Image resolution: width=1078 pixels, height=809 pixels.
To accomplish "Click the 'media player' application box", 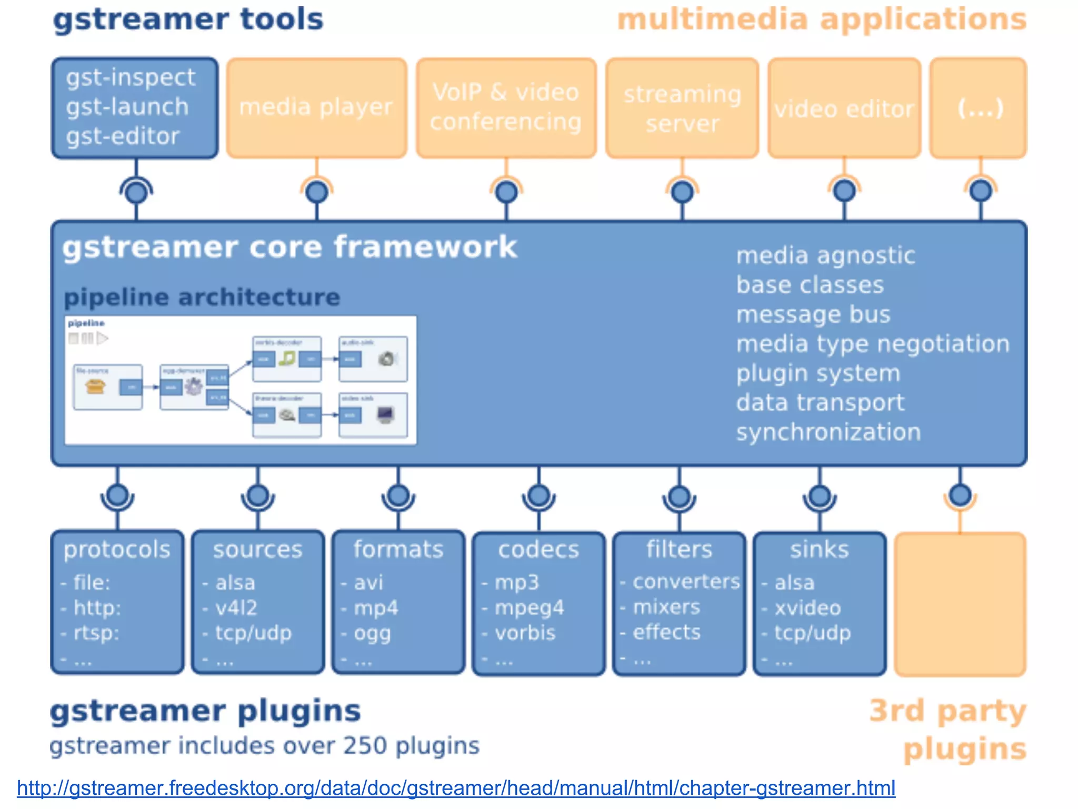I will pos(316,107).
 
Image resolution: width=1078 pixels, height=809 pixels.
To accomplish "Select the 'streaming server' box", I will pos(682,108).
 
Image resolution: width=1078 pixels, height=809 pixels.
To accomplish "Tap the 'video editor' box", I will pos(844,109).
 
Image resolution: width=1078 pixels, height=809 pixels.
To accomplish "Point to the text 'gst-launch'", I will pos(127,107).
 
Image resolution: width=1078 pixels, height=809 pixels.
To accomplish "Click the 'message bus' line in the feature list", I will pos(813,314).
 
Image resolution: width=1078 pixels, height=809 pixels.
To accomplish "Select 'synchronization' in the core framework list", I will pos(829,432).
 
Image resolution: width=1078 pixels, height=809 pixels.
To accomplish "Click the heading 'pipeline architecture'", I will pos(202,297).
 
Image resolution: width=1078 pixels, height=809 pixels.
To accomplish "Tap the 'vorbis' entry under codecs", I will pos(525,633).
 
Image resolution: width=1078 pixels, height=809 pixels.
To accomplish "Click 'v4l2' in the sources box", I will pos(236,608).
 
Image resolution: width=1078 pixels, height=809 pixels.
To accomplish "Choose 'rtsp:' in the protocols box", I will pos(96,633).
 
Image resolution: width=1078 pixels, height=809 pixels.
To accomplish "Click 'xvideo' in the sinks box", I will pos(807,608).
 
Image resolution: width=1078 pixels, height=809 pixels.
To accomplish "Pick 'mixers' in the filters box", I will pos(666,607).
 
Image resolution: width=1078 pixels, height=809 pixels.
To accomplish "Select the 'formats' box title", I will pos(398,549).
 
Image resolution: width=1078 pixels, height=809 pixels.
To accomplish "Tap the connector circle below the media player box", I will pos(317,192).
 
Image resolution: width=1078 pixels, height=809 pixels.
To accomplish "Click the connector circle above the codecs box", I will pos(538,496).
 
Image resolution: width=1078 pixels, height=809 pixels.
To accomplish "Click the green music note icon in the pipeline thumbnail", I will pos(287,359).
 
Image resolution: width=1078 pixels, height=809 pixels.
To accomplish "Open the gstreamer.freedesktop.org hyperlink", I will pos(456,788).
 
